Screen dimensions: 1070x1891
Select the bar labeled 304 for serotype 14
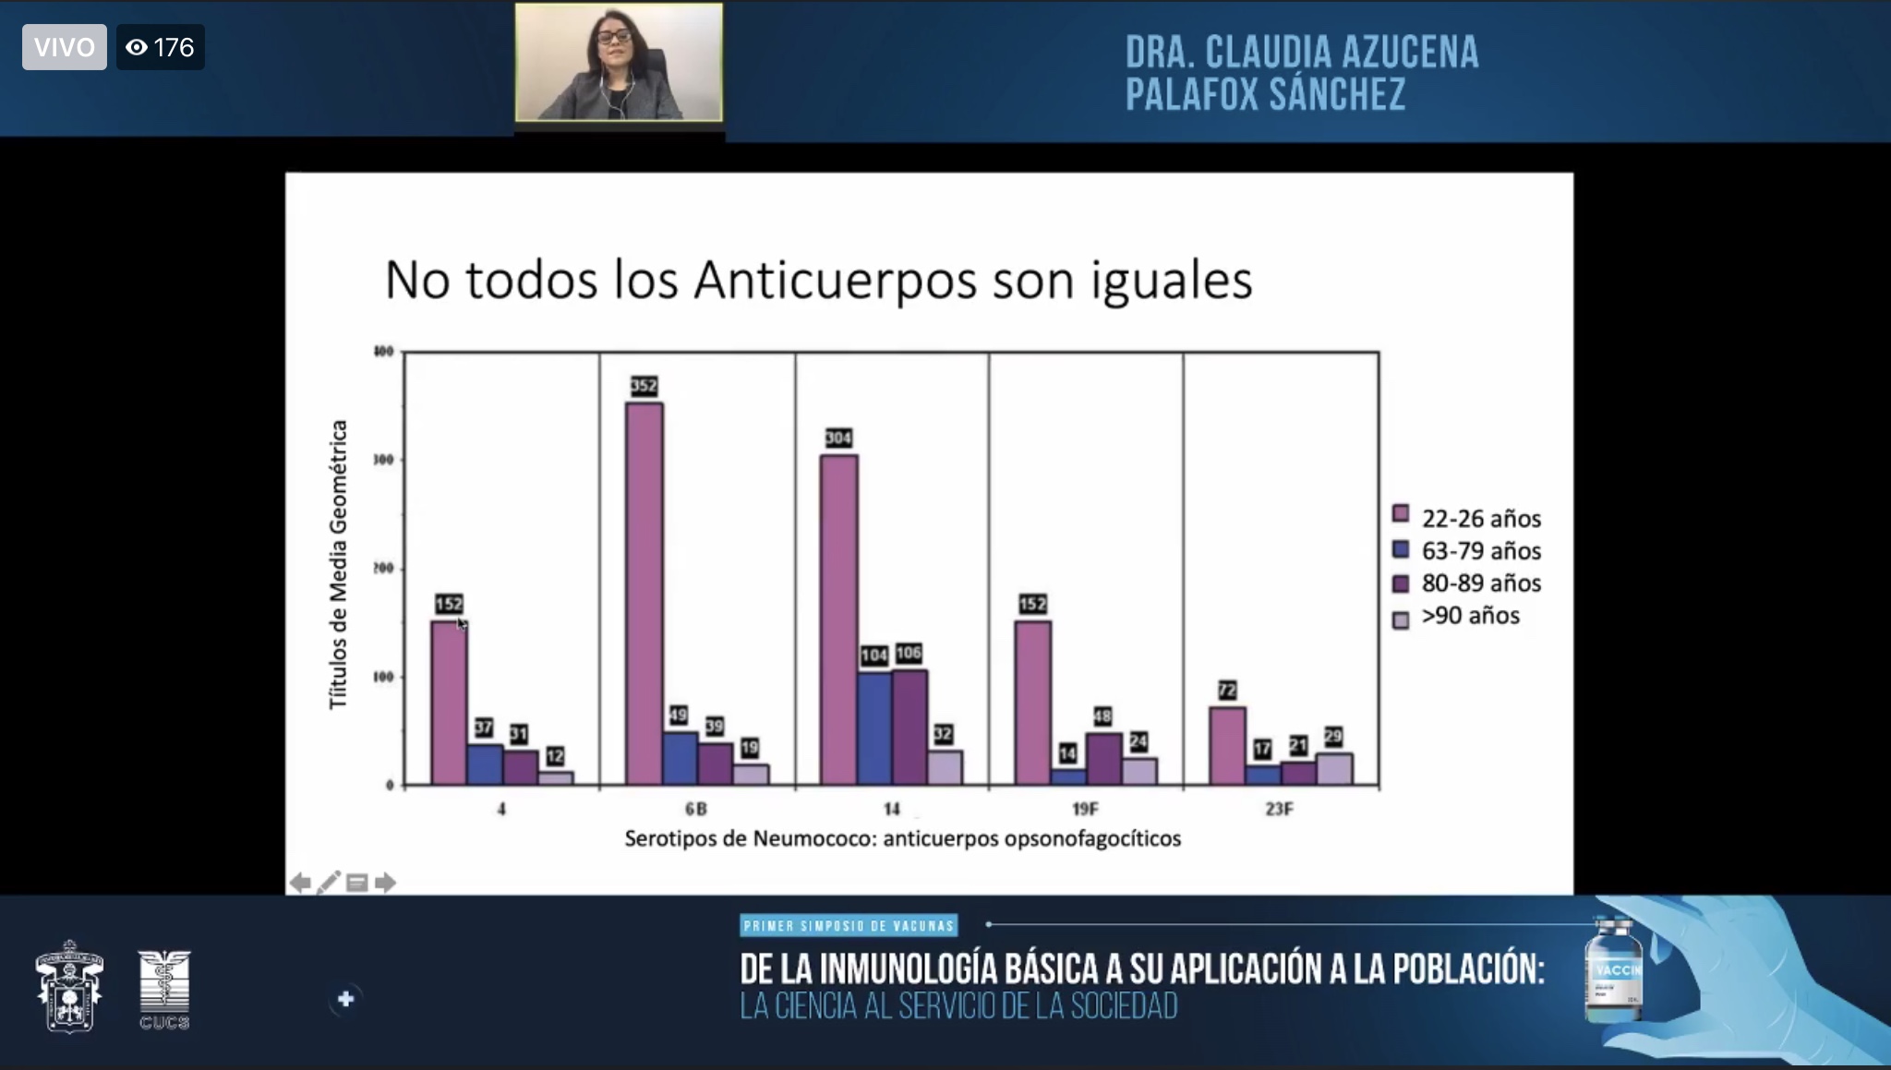tap(838, 619)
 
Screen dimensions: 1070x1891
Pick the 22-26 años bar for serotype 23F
tap(1227, 745)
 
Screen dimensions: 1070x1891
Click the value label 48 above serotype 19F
tap(1102, 716)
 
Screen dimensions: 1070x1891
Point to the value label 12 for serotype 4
tap(554, 756)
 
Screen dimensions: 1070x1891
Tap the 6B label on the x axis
tap(695, 810)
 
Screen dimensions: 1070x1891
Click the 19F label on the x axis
tap(1085, 810)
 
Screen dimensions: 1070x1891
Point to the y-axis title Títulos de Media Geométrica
tap(339, 565)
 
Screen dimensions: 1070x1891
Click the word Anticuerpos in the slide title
tap(835, 280)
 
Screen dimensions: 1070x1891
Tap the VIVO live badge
tap(64, 47)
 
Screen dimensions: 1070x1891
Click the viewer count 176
tap(161, 47)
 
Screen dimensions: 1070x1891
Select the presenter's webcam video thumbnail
tap(619, 62)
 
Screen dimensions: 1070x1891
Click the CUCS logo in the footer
tap(164, 990)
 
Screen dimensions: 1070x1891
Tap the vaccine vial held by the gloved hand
tap(1613, 969)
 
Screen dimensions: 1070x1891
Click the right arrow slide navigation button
tap(386, 884)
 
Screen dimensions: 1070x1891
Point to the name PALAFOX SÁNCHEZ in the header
tap(1265, 95)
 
